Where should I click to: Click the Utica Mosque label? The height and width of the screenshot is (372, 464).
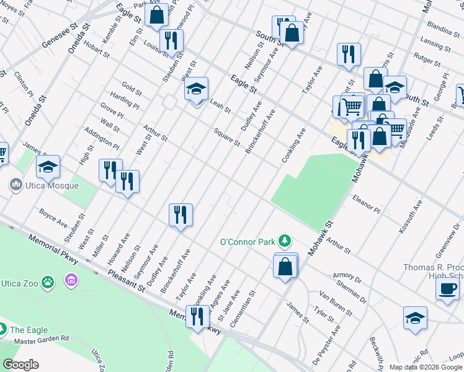point(51,185)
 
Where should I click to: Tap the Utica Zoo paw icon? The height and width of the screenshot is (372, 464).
point(48,283)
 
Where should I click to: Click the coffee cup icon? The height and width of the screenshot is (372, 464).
point(447,288)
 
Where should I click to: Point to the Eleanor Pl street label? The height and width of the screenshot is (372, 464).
point(365,205)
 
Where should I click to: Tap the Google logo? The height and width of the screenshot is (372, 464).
point(20,365)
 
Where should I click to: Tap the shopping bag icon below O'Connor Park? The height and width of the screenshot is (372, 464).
point(285,267)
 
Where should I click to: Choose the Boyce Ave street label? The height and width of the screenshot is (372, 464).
point(53,218)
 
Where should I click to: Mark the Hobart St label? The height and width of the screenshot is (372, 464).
point(98,55)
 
